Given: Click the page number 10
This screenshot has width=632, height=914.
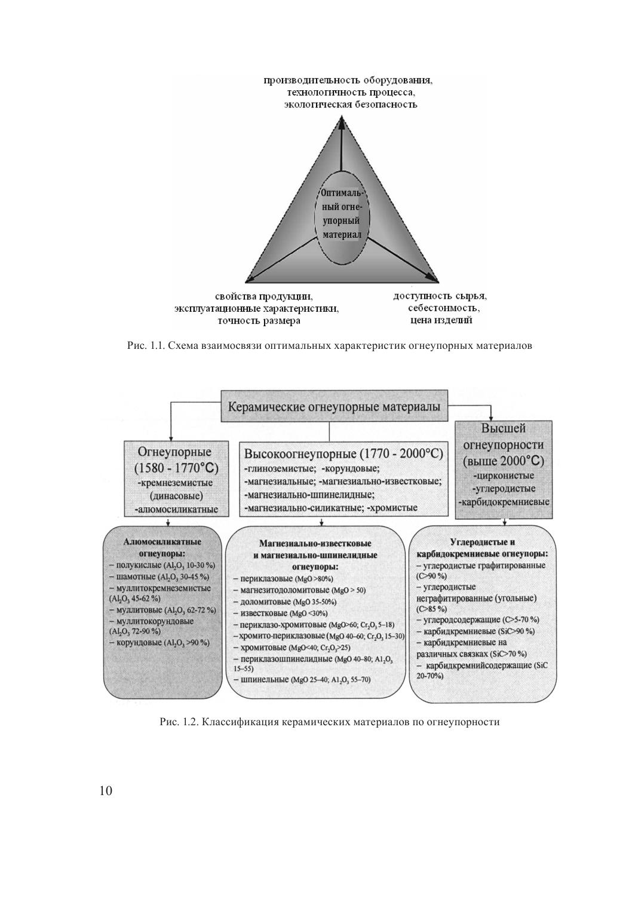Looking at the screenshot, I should pyautogui.click(x=106, y=791).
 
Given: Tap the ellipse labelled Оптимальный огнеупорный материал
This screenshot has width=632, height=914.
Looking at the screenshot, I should pyautogui.click(x=342, y=214).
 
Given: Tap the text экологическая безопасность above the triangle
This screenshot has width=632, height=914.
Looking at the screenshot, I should pyautogui.click(x=350, y=105).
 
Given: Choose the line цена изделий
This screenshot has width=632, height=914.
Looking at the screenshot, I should pyautogui.click(x=441, y=321).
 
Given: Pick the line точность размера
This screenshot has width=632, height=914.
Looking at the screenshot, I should pyautogui.click(x=258, y=321).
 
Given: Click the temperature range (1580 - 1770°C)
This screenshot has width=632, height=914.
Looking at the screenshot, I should pyautogui.click(x=171, y=467).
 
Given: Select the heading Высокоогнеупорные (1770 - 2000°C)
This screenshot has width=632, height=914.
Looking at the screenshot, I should pyautogui.click(x=343, y=453).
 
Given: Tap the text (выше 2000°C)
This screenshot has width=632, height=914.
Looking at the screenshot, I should pyautogui.click(x=503, y=461).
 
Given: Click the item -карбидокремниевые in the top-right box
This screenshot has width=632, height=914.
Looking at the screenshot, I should pyautogui.click(x=504, y=502).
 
